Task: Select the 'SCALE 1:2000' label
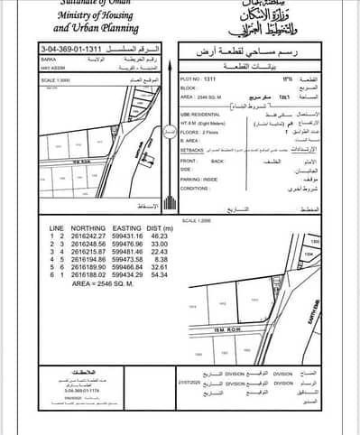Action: tap(197, 219)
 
